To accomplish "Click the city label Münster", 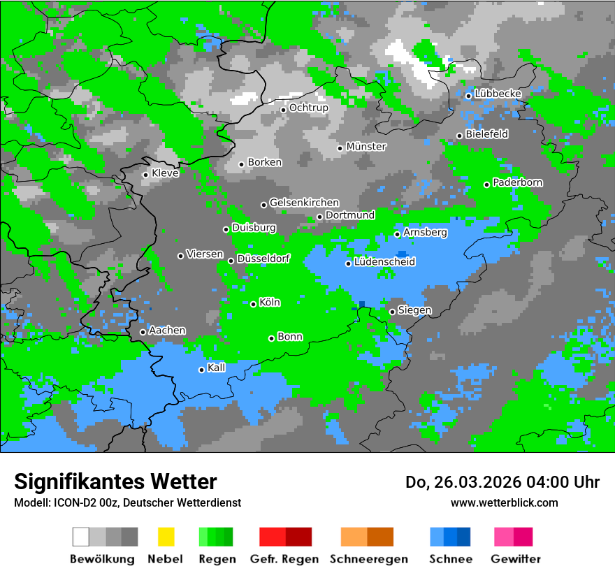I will coord(366,147).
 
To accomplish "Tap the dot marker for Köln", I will coord(254,304).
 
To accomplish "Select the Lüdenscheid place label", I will coord(384,262).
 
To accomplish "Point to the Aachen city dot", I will coord(143,332).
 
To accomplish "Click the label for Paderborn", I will coord(517,182).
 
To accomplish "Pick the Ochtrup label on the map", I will coord(308,108).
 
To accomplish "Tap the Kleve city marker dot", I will coord(146,175).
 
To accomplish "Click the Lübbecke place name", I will coord(498,94).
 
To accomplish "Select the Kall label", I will coord(217,368).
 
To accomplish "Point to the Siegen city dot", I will coord(393,312).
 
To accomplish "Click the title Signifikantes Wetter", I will coord(115,481).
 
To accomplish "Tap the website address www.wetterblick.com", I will coord(504,502).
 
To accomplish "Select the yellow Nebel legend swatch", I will coord(166,537).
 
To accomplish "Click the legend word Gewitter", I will coord(515,559).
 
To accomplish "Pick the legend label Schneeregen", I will coord(368,559).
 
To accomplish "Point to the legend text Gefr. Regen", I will coord(284,559).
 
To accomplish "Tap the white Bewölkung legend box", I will coord(81,537).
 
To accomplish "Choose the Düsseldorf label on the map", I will coord(263,259).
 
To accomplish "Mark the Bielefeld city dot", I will coord(460,136).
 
